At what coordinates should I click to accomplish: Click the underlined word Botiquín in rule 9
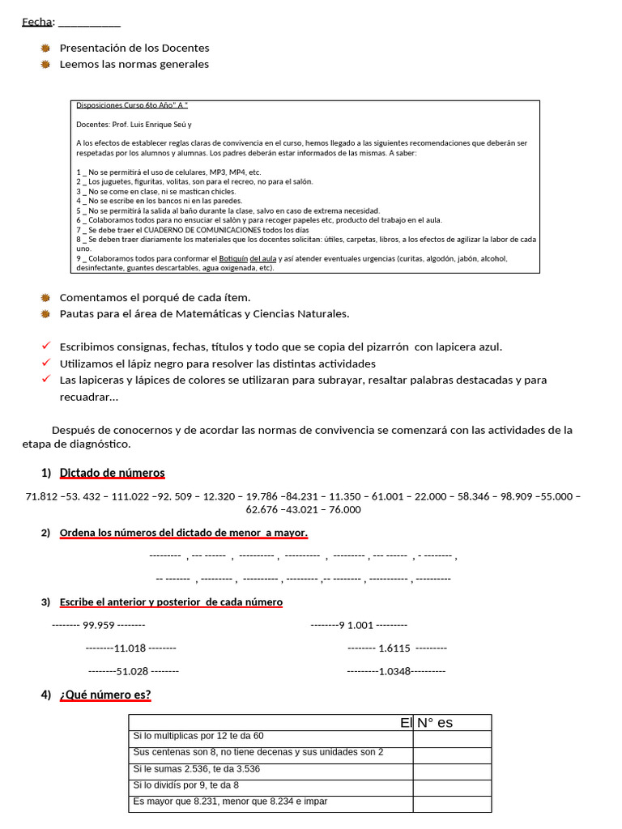coord(234,259)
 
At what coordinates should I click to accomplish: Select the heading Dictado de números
coord(112,473)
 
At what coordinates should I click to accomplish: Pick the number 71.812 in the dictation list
coord(41,495)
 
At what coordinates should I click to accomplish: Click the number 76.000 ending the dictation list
coord(344,509)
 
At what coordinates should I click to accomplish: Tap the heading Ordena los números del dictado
coord(183,533)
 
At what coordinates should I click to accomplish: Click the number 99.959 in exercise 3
coord(99,625)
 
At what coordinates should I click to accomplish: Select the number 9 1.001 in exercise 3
coord(356,625)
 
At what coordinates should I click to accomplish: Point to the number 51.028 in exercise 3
coord(132,671)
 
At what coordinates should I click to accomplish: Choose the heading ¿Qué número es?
coord(105,695)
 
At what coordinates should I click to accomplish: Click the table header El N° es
coord(426,723)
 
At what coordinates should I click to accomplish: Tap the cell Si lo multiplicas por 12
coord(198,736)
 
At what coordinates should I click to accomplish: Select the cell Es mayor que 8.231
coord(230,801)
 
